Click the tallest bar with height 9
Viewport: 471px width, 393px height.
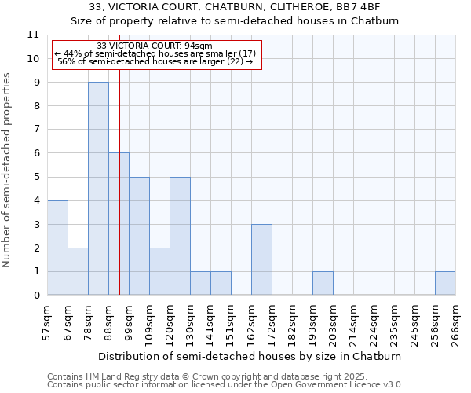tap(98, 189)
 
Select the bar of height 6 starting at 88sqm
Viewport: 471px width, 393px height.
tap(119, 224)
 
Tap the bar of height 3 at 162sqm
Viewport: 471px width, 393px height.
tap(261, 259)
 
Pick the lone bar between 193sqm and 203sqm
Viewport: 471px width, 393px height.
tap(323, 283)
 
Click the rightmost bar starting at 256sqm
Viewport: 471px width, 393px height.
tap(445, 283)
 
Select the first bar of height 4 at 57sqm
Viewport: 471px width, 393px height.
tap(57, 248)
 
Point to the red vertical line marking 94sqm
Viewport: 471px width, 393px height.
tap(119, 196)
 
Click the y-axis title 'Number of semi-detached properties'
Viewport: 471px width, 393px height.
tap(8, 170)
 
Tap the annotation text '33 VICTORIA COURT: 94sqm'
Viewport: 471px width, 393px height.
tap(155, 46)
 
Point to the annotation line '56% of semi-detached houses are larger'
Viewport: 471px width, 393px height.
tap(155, 61)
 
